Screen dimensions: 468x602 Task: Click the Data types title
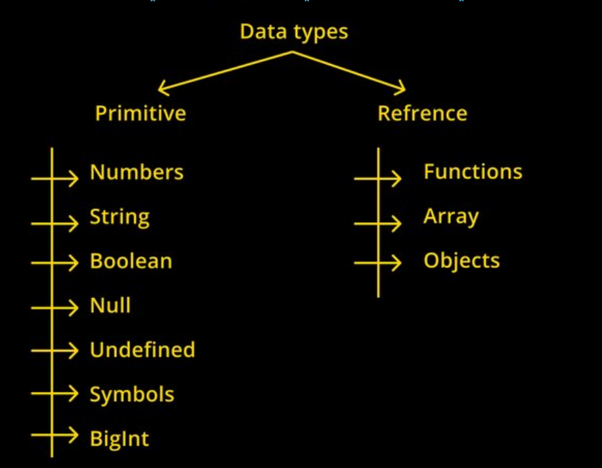pos(294,32)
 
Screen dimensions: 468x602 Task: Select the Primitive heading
pos(141,114)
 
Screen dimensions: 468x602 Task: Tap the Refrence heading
pos(422,114)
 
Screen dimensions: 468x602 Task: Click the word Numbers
pos(137,172)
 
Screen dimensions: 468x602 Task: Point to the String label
pos(120,217)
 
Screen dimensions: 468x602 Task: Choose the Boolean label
pos(131,261)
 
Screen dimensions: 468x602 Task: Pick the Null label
pos(110,306)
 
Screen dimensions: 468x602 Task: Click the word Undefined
pos(143,350)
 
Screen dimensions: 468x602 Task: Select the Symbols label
pos(132,395)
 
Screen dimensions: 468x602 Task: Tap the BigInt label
pos(120,439)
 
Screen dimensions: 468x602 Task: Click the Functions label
pos(473,171)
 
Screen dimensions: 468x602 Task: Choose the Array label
pos(451,217)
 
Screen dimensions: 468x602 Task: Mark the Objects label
pos(462,260)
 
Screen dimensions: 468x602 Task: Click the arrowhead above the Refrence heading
pos(399,88)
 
